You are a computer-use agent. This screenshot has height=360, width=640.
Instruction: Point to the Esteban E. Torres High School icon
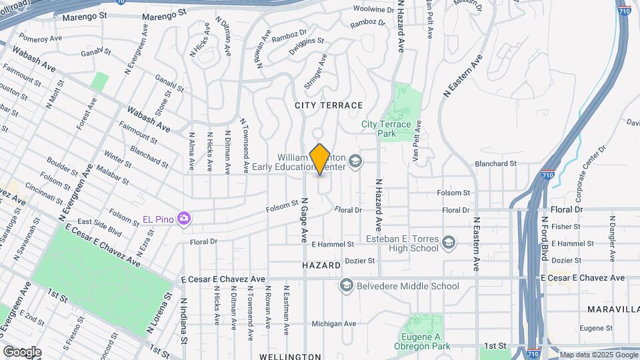pyautogui.click(x=449, y=241)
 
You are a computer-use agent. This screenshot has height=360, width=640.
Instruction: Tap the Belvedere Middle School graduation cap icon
pyautogui.click(x=346, y=286)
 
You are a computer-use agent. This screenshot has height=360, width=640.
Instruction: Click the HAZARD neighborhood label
pyautogui.click(x=321, y=265)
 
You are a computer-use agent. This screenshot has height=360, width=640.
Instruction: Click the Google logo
pyautogui.click(x=22, y=351)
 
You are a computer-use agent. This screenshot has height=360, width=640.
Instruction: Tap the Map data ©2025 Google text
pyautogui.click(x=599, y=355)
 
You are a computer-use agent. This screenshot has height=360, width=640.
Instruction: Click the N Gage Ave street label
pyautogui.click(x=304, y=219)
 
